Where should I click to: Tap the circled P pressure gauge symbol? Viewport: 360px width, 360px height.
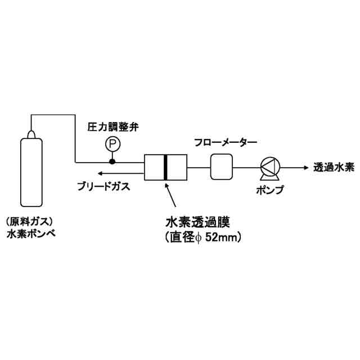click(x=112, y=145)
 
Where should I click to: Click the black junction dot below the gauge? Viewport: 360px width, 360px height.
click(x=112, y=161)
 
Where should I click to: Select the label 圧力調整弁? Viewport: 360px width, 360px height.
click(x=112, y=127)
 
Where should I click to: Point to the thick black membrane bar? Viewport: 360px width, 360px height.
click(x=165, y=167)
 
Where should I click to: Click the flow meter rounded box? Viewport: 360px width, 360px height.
click(x=222, y=167)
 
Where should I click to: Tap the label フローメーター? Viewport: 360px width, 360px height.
click(x=225, y=143)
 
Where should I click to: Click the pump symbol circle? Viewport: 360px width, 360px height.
click(x=269, y=166)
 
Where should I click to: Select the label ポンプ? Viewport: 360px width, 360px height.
click(x=269, y=189)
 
